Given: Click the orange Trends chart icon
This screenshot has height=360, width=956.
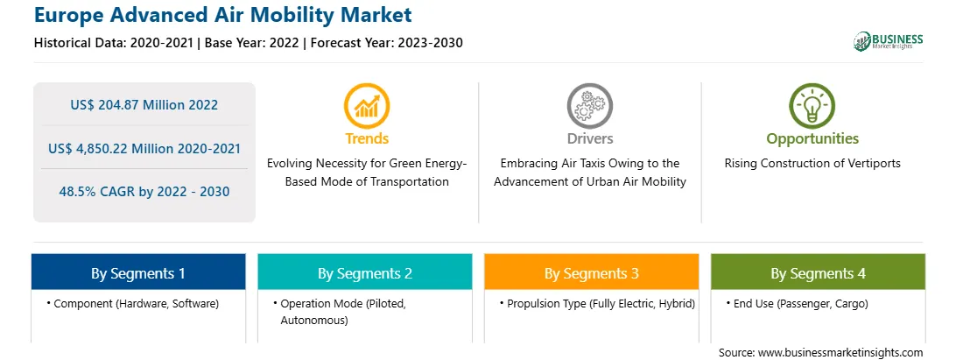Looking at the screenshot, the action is point(367,106).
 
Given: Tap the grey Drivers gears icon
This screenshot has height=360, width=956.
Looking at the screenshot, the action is point(589,106).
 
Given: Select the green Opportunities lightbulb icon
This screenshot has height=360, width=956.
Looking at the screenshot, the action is point(812,106).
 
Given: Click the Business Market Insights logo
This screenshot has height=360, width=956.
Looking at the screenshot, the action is point(889,41).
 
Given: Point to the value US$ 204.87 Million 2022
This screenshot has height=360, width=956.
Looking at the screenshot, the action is point(144,105).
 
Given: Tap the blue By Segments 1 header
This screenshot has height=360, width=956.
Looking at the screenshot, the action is point(138,272).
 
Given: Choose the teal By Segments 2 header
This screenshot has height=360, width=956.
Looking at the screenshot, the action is point(364,272).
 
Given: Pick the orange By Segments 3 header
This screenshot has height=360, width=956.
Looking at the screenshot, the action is point(592,272).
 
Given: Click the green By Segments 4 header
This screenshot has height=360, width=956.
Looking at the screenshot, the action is point(819,272).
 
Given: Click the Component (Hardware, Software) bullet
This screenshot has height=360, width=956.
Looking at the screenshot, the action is point(132,303).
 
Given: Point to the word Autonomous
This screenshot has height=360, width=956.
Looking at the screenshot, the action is point(314,321).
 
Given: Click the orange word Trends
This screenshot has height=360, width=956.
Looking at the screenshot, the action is point(367,138).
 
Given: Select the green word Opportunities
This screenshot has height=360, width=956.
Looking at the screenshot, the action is point(812,139).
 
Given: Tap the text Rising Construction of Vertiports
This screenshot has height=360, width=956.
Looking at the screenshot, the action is point(812,164).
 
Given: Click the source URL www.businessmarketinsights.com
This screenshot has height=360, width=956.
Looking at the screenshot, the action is point(840,353).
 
